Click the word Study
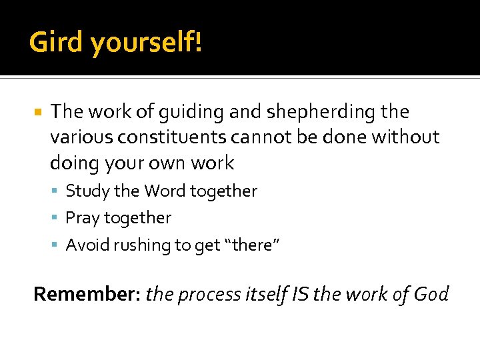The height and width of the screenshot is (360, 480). pyautogui.click(x=88, y=192)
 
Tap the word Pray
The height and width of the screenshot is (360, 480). pyautogui.click(x=82, y=219)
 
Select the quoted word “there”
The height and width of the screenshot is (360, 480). pyautogui.click(x=253, y=245)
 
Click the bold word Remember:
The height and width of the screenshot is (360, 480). pyautogui.click(x=87, y=294)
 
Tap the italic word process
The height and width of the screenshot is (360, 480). pyautogui.click(x=209, y=294)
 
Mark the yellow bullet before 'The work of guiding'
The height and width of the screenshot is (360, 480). pyautogui.click(x=38, y=112)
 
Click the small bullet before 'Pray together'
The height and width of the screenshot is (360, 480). pyautogui.click(x=57, y=219)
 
